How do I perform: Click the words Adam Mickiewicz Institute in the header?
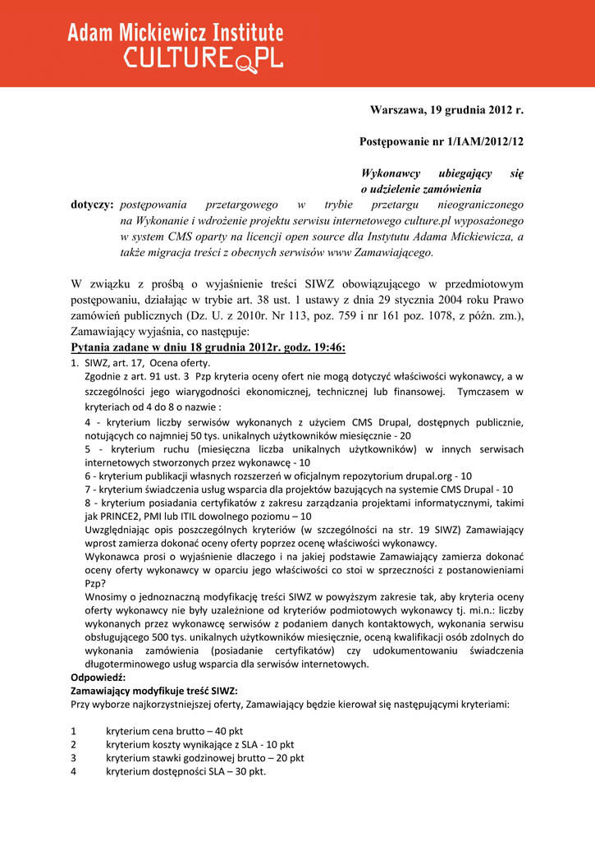click(x=175, y=33)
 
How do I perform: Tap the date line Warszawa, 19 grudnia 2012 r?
click(x=446, y=109)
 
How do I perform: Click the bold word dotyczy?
click(x=92, y=204)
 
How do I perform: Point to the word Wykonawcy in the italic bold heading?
click(x=391, y=173)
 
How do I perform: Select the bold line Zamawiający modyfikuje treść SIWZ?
click(x=154, y=691)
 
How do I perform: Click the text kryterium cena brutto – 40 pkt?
click(x=174, y=731)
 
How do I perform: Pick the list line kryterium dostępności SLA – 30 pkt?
click(x=185, y=771)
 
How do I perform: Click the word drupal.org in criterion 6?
click(x=428, y=476)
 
